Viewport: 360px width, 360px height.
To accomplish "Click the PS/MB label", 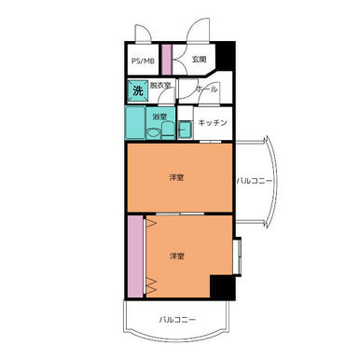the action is (143, 61).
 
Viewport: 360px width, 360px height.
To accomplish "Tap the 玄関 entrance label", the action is (199, 59).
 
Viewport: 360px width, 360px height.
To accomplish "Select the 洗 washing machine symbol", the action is (138, 90).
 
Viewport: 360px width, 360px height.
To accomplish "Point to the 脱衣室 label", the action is (160, 86).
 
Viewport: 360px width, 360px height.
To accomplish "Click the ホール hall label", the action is (207, 90).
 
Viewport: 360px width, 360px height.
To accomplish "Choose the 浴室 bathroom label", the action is (159, 117).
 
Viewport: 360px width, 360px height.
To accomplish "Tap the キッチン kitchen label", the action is (213, 123).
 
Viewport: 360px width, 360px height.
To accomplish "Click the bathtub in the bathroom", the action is (135, 123).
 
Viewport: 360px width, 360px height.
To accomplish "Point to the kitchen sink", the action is (186, 130).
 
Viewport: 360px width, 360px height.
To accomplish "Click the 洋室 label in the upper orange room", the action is (176, 177).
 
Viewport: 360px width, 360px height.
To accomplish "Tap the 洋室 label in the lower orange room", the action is (177, 256).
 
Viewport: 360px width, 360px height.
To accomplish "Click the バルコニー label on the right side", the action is (255, 181).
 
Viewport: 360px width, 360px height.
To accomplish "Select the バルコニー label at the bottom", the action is (177, 320).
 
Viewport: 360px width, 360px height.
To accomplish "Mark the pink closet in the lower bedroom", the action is (135, 256).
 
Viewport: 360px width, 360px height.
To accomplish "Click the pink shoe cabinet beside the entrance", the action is (167, 60).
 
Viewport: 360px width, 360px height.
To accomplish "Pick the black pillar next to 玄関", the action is (225, 57).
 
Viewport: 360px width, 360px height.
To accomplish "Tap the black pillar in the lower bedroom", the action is (222, 287).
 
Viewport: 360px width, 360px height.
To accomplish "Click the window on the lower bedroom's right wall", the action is (237, 256).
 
